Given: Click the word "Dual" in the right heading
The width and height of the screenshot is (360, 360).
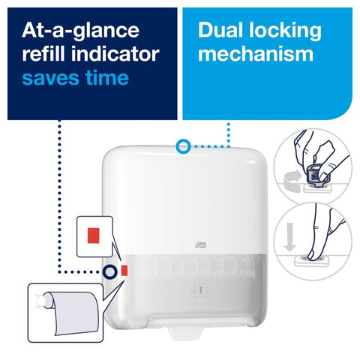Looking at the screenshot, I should point(221,31).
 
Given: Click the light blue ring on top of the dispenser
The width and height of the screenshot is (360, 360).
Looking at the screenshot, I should point(182,146).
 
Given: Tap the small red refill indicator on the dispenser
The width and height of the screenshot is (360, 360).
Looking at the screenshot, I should point(124,268).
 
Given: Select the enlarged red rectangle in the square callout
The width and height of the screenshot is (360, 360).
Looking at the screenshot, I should point(92,235).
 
